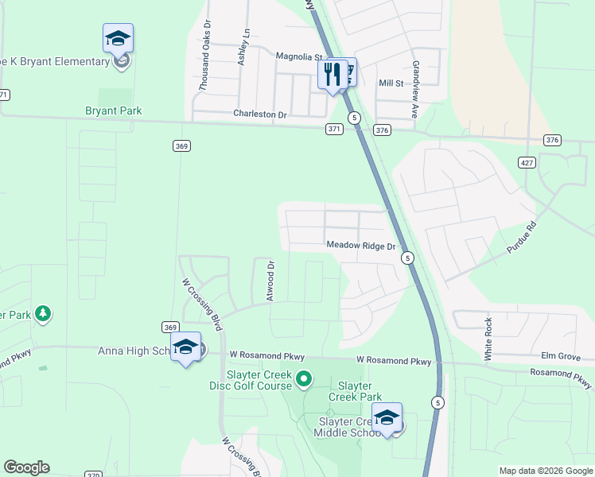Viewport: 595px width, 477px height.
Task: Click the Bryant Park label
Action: coord(113,111)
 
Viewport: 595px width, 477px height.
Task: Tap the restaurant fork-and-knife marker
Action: coord(332,75)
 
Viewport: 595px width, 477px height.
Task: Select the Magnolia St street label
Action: coord(297,57)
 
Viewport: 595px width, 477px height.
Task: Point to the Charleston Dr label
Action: coord(259,114)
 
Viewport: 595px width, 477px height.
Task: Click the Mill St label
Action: coord(391,83)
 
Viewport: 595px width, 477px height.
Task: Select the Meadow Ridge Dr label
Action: coord(361,246)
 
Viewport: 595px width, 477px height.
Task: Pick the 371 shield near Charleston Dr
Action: coord(334,128)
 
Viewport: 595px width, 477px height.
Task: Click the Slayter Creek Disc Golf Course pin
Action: coord(303,380)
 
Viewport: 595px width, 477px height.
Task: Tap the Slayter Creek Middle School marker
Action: coord(387,418)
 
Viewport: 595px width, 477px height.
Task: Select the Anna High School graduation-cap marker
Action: coord(185,347)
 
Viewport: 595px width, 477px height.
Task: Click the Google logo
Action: coord(26,467)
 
